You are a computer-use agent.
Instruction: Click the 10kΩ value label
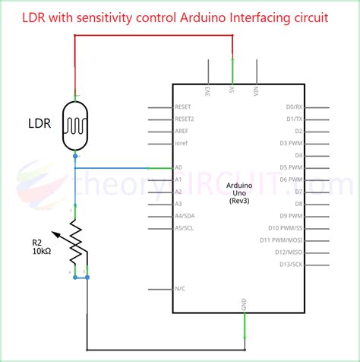point(44,250)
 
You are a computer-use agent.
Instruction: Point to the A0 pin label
point(178,167)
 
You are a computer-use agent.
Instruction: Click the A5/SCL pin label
point(184,228)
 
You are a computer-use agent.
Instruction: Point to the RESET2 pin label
point(185,119)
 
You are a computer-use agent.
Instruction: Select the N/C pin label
point(180,289)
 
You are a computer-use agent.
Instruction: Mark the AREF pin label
point(182,131)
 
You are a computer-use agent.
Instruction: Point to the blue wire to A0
point(122,167)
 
